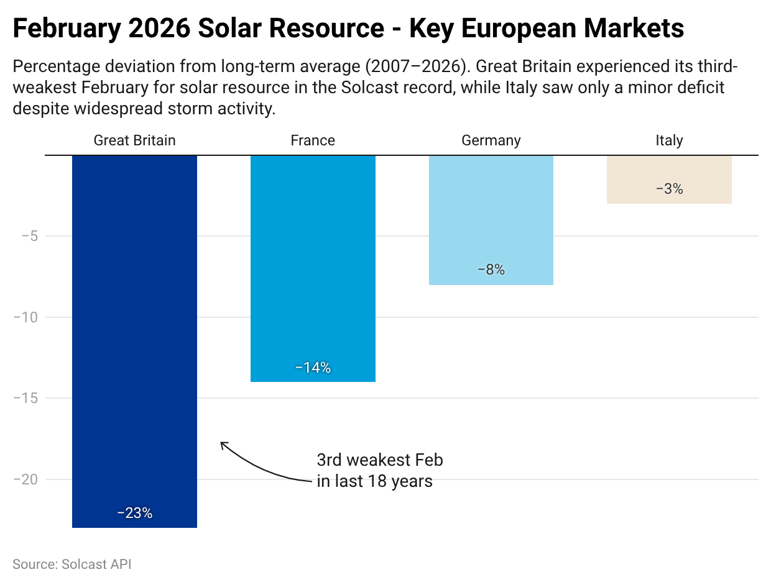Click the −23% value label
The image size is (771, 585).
pos(134,513)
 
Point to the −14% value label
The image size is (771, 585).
pos(313,368)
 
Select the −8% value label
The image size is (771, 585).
pos(491,270)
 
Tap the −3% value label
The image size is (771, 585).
pos(669,189)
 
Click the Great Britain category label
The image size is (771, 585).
pos(134,140)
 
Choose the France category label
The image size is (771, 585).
pos(313,140)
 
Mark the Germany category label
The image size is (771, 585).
pos(491,140)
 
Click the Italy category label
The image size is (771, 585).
pos(669,140)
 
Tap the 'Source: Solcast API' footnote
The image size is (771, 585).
pos(72,565)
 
